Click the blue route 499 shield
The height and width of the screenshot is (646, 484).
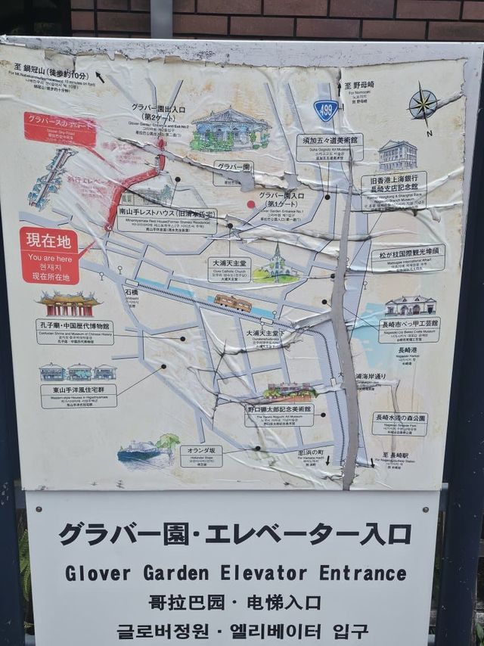326,110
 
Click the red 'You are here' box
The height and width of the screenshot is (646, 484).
49,256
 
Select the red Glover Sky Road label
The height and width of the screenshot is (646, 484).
60,129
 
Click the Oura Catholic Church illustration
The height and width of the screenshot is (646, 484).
277,264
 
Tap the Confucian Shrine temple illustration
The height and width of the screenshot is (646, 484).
69,304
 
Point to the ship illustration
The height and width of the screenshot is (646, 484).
140,452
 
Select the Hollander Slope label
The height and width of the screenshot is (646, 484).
201,455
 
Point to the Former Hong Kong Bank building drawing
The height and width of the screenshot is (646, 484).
398,155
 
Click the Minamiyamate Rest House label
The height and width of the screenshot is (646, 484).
166,220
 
